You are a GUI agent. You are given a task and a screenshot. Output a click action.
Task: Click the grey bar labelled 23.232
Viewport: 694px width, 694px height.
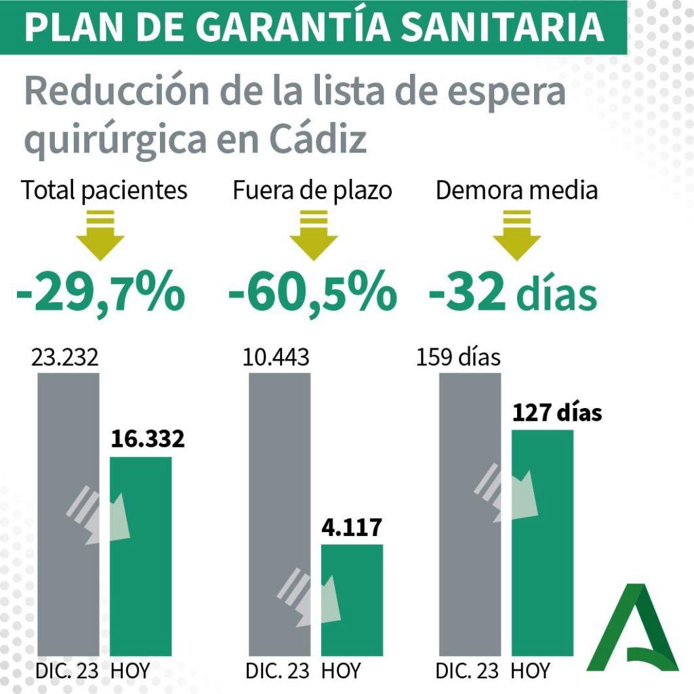click(68, 514)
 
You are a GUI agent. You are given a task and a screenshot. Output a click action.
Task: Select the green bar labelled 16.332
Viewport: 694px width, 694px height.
click(141, 556)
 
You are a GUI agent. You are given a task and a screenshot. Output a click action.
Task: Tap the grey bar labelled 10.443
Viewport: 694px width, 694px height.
click(279, 514)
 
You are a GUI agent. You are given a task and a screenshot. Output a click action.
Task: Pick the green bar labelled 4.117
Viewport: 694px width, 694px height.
click(352, 600)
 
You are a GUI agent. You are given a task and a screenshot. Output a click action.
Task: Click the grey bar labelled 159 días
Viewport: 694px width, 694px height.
click(470, 514)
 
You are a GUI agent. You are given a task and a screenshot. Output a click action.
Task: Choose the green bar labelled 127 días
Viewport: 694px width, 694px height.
click(543, 543)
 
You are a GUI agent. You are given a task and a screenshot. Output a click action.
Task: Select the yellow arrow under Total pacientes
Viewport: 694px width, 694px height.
click(100, 235)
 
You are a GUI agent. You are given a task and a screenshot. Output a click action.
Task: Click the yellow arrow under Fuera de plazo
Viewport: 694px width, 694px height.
click(314, 235)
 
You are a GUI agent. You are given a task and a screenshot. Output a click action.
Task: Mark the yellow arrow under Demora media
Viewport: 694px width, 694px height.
click(517, 235)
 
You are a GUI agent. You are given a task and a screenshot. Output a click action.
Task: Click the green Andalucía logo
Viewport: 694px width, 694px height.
click(632, 628)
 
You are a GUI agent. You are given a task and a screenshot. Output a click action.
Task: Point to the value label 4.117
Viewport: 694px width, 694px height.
click(352, 527)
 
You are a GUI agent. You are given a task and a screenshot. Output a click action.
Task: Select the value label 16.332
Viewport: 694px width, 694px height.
click(147, 438)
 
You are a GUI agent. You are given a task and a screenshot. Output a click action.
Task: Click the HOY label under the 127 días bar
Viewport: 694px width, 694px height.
click(530, 671)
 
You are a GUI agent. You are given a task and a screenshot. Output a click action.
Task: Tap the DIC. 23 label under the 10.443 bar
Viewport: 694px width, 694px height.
click(277, 671)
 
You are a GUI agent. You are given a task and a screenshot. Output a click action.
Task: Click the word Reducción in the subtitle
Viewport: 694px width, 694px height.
click(117, 91)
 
